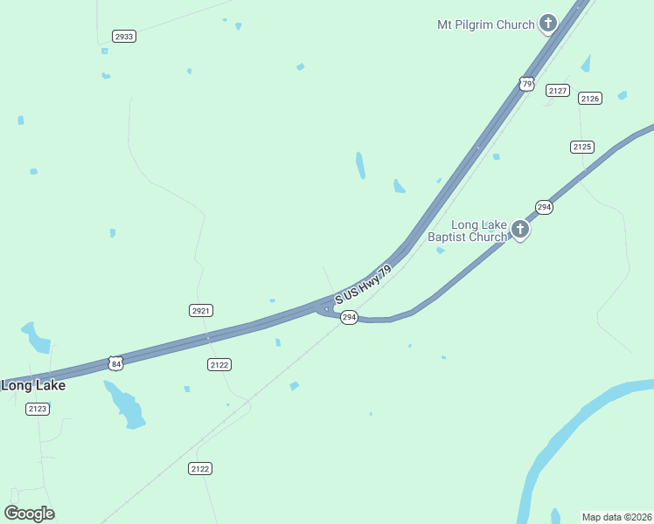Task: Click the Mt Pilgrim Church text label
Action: (x=485, y=24)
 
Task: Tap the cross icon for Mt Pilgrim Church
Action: (x=548, y=23)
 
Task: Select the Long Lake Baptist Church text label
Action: (x=467, y=231)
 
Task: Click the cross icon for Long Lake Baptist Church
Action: (x=520, y=229)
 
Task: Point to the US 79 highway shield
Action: (x=525, y=83)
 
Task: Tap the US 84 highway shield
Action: (x=115, y=362)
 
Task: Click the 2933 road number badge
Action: (x=124, y=36)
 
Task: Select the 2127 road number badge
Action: (x=558, y=90)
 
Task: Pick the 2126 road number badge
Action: (x=590, y=99)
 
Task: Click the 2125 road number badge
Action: (x=582, y=147)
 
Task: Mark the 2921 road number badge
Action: (x=201, y=310)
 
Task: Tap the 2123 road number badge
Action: (x=38, y=409)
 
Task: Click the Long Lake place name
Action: (x=33, y=385)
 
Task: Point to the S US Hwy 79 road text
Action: (x=362, y=284)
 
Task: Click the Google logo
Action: (x=30, y=514)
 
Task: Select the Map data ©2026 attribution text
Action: (x=617, y=516)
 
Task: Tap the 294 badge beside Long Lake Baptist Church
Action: (x=544, y=207)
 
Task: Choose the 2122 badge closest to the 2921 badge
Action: (x=219, y=364)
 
